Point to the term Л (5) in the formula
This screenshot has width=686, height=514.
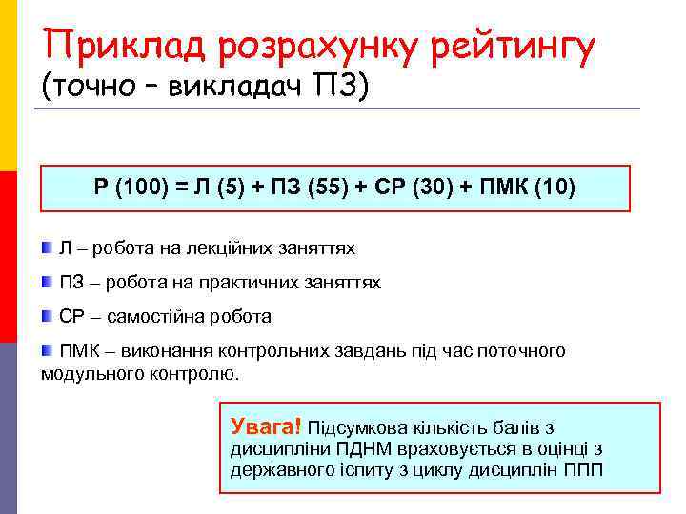point(218,187)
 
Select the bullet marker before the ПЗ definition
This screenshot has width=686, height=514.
point(48,283)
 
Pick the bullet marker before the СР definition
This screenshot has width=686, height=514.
point(48,316)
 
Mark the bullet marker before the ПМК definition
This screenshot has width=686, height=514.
point(48,350)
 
